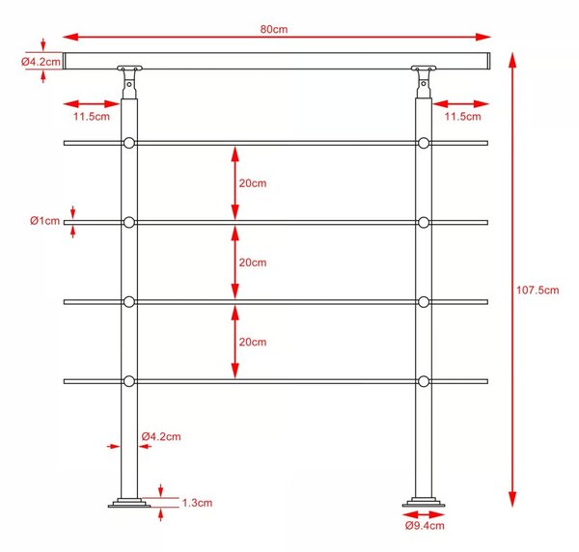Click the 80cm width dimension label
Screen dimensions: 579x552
[274, 29]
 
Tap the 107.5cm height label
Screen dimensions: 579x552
[538, 290]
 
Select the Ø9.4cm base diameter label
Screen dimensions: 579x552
[425, 525]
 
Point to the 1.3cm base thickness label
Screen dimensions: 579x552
[197, 503]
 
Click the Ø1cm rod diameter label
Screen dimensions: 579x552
[44, 221]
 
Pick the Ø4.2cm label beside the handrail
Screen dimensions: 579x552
[41, 62]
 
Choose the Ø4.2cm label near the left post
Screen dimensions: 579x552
[161, 436]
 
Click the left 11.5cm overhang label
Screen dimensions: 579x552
[92, 117]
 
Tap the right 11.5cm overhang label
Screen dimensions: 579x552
[462, 117]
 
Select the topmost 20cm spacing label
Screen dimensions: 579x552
[253, 183]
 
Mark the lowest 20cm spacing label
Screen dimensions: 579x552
[253, 342]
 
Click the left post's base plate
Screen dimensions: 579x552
[129, 503]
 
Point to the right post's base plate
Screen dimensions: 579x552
[424, 503]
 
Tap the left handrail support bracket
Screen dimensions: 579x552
[129, 82]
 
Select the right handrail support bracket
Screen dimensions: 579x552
[424, 82]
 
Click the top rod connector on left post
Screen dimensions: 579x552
[129, 143]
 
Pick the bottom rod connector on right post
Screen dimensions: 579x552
[424, 381]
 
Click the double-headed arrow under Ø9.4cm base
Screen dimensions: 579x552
[424, 514]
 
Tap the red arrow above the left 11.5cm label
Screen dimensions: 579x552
[92, 104]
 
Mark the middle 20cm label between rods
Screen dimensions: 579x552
[253, 262]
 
